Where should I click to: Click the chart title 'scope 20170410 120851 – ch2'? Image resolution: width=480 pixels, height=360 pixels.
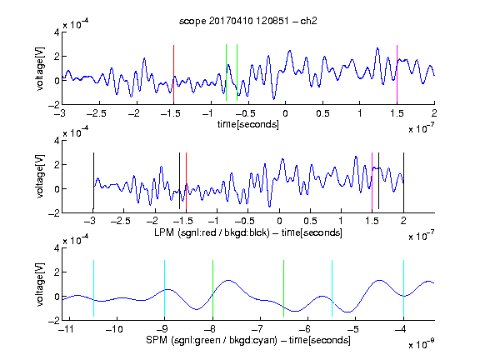(247, 21)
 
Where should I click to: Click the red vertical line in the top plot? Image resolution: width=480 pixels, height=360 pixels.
(173, 73)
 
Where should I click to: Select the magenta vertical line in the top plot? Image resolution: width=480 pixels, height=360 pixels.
(397, 73)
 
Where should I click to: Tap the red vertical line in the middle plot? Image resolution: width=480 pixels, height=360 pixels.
(186, 181)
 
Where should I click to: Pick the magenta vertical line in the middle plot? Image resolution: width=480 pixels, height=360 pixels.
(372, 181)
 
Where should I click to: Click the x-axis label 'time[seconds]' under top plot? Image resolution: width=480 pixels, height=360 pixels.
(248, 124)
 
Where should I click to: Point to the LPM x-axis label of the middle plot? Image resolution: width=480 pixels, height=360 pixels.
(248, 232)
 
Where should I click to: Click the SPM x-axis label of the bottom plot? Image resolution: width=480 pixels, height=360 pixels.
(248, 340)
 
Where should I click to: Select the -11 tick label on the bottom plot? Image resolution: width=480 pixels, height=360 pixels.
(66, 329)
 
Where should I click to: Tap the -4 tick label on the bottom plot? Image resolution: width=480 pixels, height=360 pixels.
(400, 329)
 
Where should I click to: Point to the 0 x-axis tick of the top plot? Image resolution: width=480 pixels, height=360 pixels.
(285, 113)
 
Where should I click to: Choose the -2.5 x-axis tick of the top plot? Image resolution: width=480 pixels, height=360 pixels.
(96, 113)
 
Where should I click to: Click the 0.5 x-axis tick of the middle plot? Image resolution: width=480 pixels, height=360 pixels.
(310, 221)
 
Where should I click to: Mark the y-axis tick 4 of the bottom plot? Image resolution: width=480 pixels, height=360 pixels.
(57, 248)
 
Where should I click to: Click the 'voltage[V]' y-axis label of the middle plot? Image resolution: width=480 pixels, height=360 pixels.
(40, 177)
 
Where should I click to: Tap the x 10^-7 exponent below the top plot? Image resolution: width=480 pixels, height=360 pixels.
(422, 129)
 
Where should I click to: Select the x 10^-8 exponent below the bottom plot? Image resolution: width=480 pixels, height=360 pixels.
(422, 345)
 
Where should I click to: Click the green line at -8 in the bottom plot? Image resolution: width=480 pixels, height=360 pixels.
(212, 288)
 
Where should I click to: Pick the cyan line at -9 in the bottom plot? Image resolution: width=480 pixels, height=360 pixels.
(164, 288)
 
